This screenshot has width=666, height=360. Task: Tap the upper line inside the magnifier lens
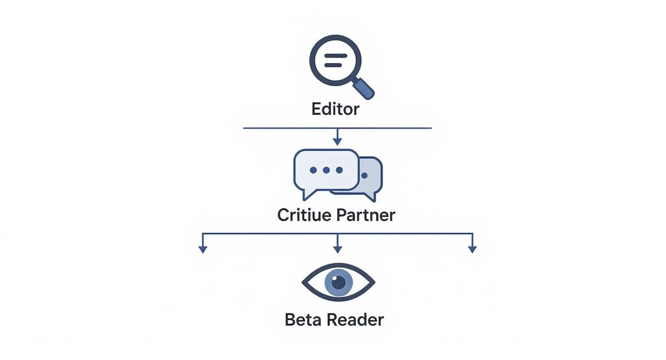pos(335,56)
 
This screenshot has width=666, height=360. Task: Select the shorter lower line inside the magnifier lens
pos(333,65)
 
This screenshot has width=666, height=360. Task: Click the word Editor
pos(335,109)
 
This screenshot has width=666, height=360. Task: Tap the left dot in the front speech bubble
pos(313,170)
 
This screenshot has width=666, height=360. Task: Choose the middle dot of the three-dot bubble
pos(326,170)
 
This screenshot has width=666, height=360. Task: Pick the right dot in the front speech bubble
pos(339,170)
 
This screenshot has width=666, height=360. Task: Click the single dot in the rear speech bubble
pos(364,176)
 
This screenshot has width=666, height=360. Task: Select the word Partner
pos(366,215)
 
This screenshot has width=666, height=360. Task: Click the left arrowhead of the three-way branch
pos(203,249)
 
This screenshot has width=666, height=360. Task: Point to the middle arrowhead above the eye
pos(337,249)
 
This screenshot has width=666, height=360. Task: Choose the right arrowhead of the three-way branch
pos(472,249)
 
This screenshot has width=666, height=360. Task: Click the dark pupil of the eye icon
pos(338,282)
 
